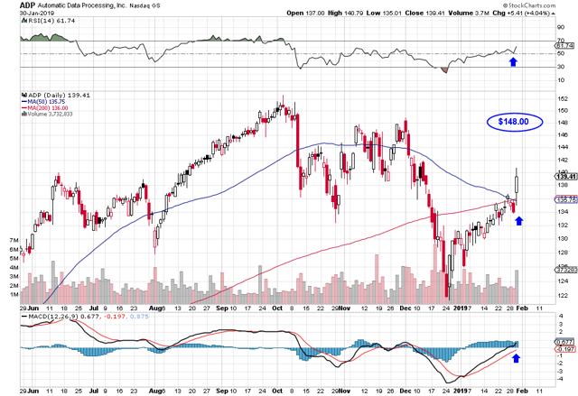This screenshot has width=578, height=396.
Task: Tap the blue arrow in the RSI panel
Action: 514,61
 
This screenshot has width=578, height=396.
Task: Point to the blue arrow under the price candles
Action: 517,218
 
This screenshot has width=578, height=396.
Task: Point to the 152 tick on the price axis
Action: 561,99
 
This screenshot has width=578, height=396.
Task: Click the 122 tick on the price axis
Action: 561,295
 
